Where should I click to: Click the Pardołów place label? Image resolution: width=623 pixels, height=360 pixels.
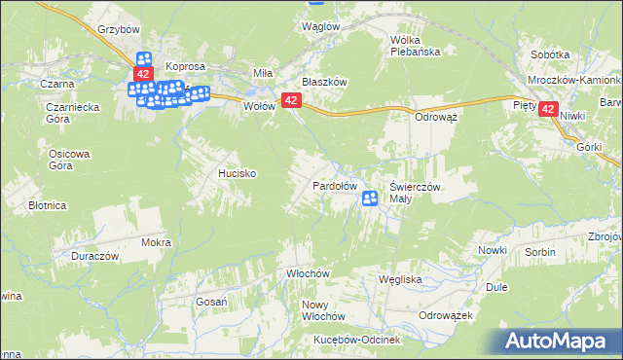335,185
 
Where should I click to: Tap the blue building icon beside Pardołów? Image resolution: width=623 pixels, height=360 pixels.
370,198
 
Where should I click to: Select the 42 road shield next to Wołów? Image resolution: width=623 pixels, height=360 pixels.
290,100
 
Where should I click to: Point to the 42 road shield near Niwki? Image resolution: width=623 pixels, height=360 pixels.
550,111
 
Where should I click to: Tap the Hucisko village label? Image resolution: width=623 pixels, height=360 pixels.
237,173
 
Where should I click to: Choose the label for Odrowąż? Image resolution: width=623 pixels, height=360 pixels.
436,115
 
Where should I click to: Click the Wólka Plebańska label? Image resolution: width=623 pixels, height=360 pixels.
416,46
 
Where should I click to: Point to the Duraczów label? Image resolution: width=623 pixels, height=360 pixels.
94,256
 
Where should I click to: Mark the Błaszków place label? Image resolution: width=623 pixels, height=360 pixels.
324,83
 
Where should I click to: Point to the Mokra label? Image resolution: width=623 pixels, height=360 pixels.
156,242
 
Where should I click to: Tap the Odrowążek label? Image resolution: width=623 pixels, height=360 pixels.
445,316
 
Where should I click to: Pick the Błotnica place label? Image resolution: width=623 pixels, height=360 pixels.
47,206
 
